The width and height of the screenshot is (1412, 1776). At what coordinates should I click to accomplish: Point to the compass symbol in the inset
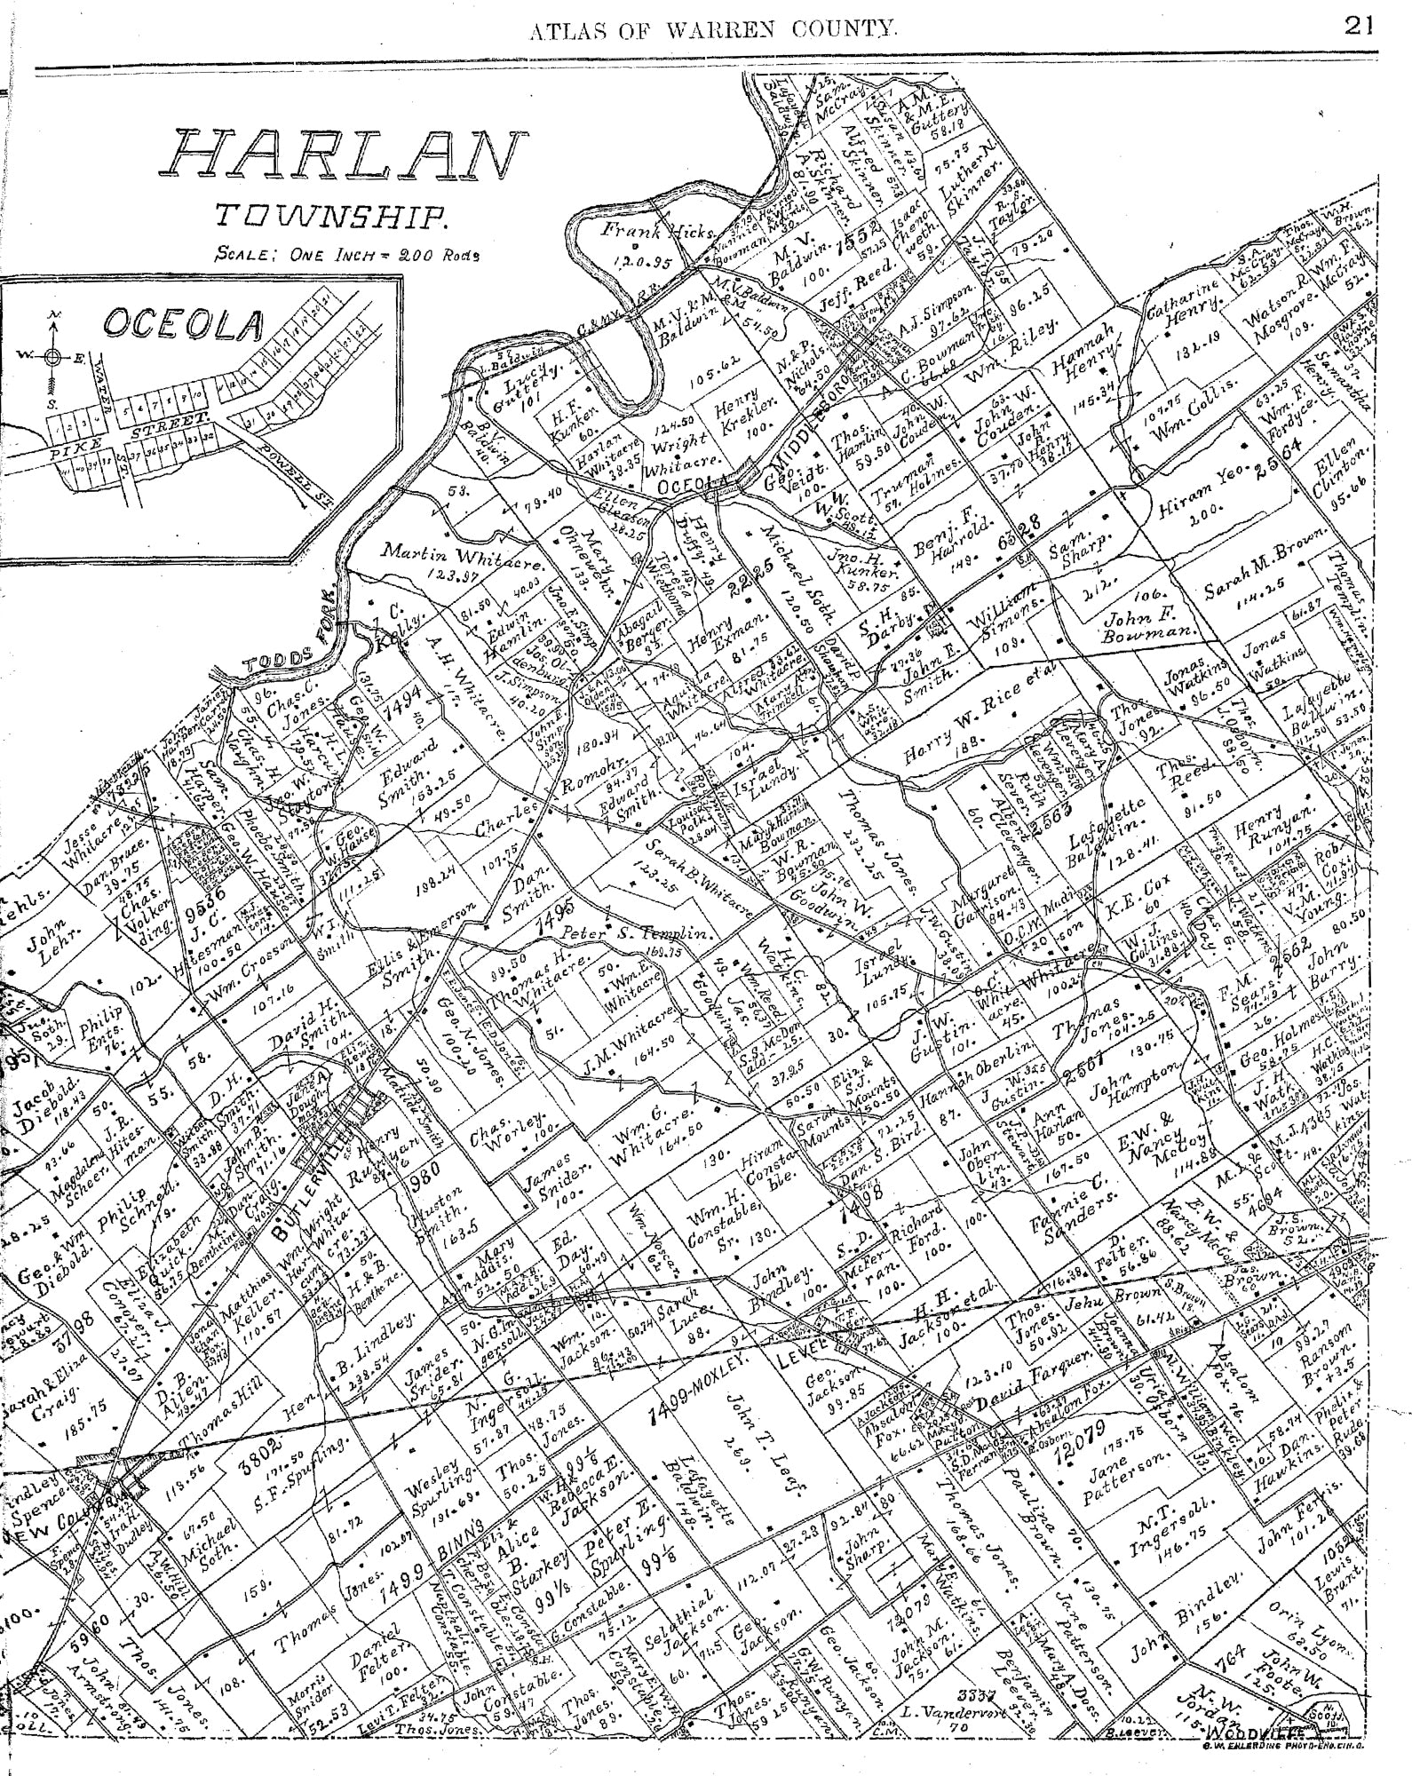pos(52,356)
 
